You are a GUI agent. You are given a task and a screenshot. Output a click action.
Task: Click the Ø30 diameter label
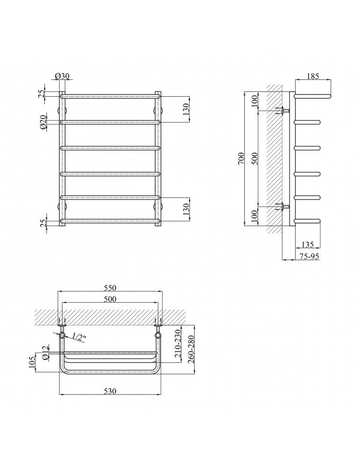[62, 76]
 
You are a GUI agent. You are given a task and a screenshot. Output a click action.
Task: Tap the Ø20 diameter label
[43, 122]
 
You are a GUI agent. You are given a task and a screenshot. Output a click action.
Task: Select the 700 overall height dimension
[241, 158]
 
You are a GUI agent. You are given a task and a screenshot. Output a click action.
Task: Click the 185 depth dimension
[312, 76]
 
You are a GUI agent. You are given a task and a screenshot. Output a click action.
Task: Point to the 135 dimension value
[308, 244]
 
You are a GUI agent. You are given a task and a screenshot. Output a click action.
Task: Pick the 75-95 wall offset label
[309, 256]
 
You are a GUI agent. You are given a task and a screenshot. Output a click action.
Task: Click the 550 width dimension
[110, 288]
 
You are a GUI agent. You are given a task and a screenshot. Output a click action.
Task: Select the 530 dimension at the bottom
[110, 391]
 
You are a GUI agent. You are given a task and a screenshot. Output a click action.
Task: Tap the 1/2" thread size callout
[79, 337]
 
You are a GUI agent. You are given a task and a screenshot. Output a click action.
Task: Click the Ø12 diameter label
[45, 353]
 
